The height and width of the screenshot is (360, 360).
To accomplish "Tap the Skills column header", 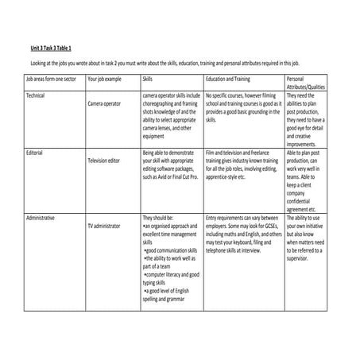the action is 149,79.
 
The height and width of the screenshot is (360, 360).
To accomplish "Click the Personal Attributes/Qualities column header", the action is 305,83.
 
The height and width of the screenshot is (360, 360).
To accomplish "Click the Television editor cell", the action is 107,160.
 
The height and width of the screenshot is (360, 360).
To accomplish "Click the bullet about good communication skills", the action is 172,250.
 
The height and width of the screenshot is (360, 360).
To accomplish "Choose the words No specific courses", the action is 227,95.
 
